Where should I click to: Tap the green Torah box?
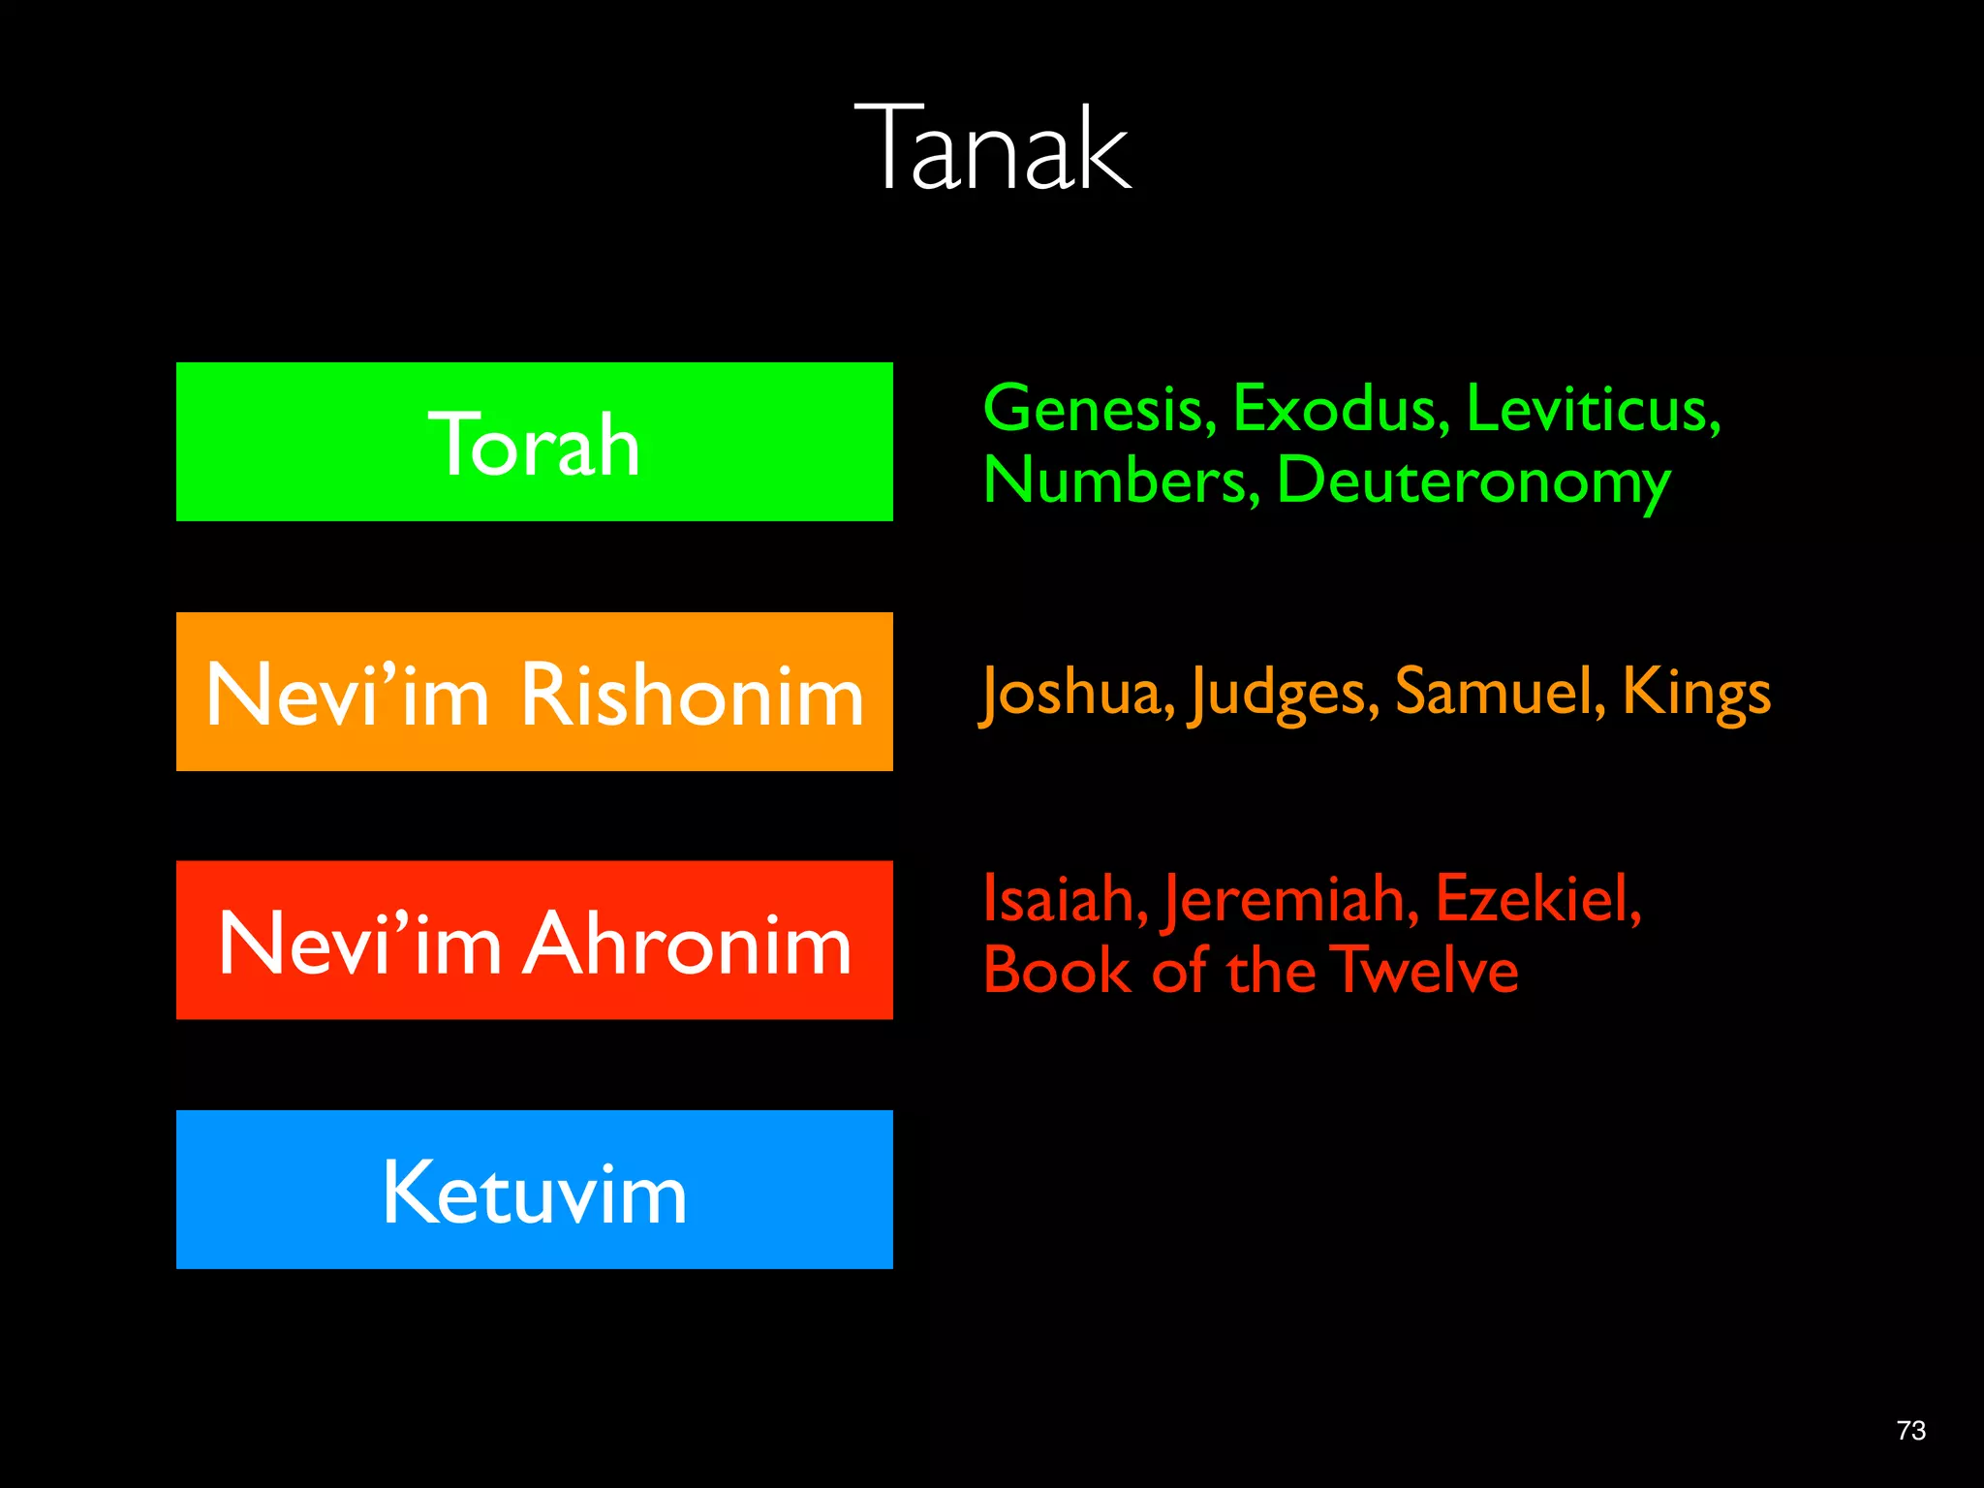pos(534,442)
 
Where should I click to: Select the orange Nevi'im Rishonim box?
pos(534,692)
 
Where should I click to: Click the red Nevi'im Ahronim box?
pos(534,941)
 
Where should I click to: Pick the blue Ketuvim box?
pos(534,1190)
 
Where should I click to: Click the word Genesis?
pos(1099,409)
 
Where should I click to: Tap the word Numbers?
pos(1120,480)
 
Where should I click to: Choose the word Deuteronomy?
pos(1472,482)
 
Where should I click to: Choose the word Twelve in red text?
pos(1424,971)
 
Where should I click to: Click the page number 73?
pos(1910,1431)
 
